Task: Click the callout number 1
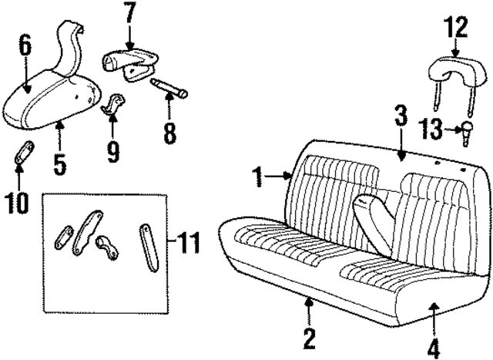coord(260,178)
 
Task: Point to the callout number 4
coord(434,347)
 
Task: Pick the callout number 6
coord(25,48)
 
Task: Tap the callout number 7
coord(129,14)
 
